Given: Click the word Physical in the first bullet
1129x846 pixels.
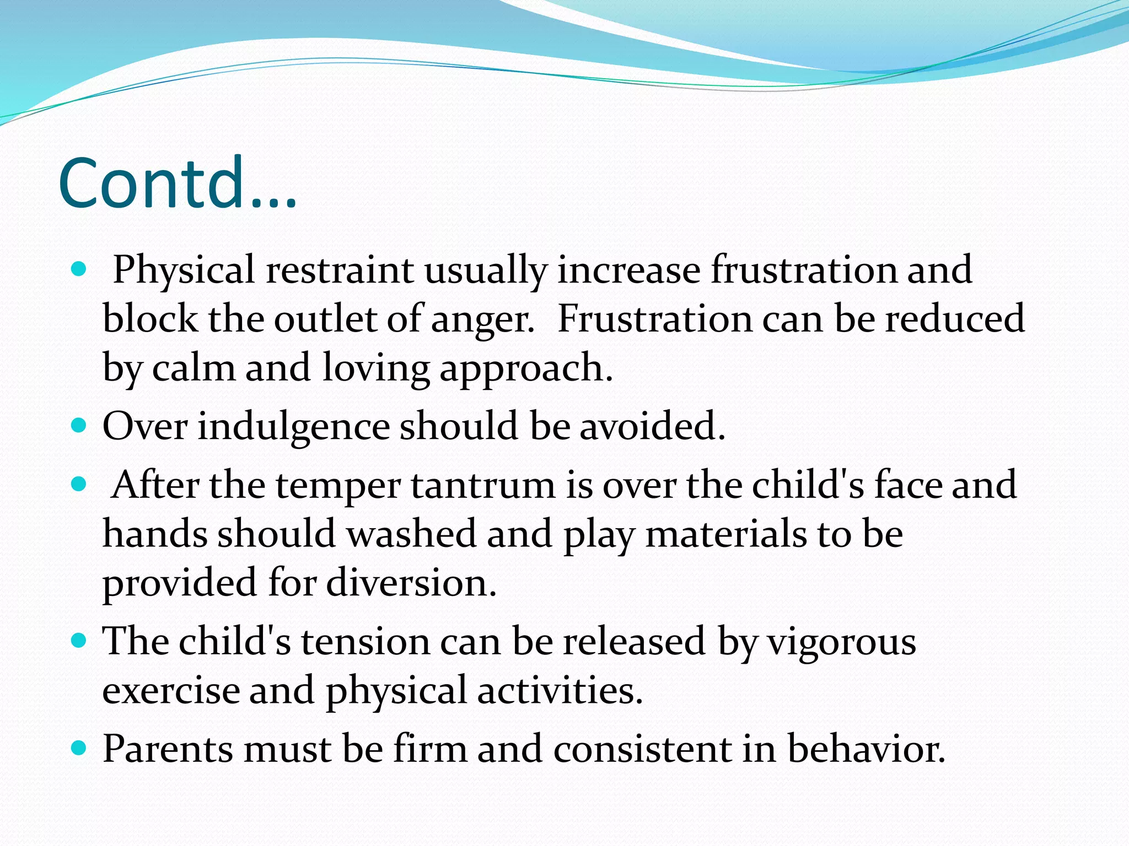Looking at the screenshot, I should (184, 270).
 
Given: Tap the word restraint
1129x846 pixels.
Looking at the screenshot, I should (340, 270).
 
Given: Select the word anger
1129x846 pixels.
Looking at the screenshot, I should (482, 319).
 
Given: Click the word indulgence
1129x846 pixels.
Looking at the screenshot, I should (293, 426).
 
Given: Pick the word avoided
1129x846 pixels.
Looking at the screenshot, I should (652, 426).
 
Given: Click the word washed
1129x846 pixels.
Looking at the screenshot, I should (411, 534).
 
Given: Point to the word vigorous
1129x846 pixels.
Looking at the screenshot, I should (842, 642).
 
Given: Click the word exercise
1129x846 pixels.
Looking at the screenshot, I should (171, 690).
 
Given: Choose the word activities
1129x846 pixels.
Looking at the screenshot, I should (560, 690).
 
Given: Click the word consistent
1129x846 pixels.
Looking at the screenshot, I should (643, 749).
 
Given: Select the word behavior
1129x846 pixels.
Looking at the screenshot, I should (866, 749).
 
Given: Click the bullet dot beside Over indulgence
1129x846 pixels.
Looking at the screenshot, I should (79, 426).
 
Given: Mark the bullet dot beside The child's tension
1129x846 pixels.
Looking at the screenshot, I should (79, 641).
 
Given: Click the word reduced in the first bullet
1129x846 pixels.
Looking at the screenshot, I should (954, 319).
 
